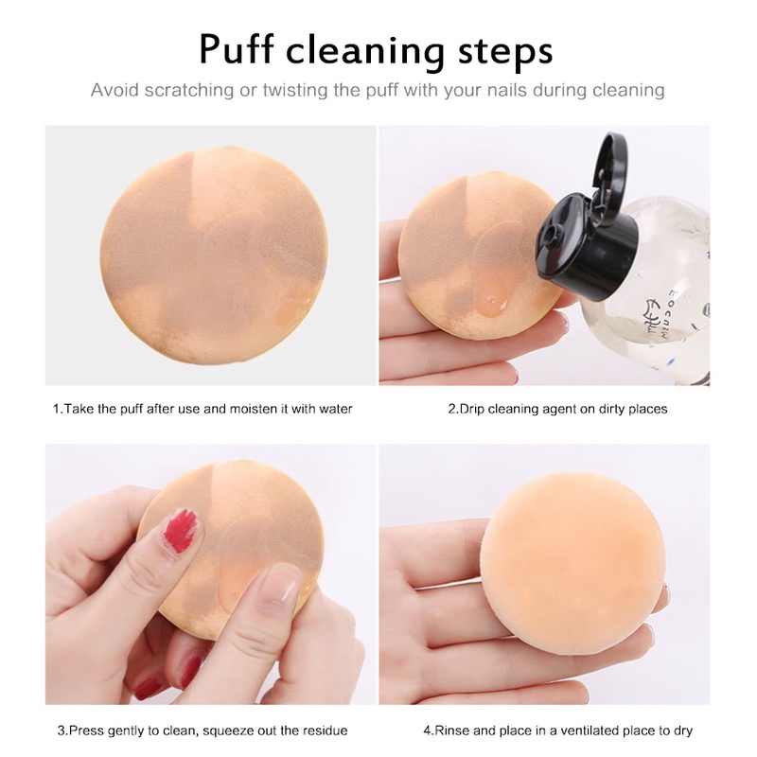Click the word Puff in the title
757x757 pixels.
245,49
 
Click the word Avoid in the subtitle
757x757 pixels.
114,91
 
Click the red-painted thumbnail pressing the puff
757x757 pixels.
180,530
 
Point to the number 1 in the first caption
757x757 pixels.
55,409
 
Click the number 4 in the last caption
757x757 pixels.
427,730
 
